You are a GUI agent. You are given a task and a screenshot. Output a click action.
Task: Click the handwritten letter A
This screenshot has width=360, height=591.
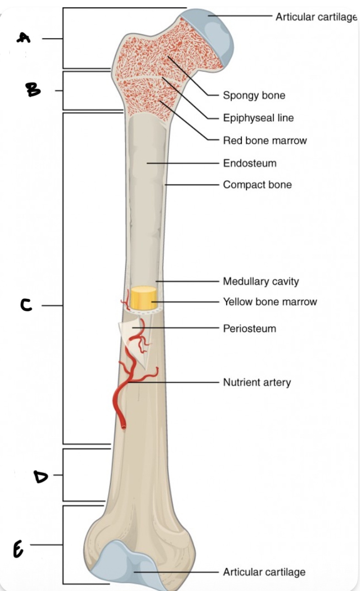click(24, 38)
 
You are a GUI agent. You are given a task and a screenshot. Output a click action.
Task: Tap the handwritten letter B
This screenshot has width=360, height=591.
click(33, 90)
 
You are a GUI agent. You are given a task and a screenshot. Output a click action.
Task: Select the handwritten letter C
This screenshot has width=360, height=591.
click(26, 305)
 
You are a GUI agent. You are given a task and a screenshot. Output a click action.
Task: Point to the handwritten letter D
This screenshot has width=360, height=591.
click(41, 475)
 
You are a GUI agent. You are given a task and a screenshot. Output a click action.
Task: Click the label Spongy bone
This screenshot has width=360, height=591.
click(254, 95)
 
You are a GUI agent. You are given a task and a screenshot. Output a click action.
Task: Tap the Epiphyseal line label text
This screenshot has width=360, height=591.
click(258, 118)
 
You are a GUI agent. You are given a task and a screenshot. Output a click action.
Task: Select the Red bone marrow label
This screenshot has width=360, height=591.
click(265, 140)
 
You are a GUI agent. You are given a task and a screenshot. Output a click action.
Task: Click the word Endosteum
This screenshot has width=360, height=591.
click(250, 163)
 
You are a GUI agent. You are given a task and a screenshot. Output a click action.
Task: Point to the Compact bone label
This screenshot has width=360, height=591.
click(257, 185)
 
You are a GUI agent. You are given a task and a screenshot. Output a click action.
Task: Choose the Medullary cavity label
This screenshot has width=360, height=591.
click(261, 281)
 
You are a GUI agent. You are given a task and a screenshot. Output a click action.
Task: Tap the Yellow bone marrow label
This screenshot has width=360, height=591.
click(270, 301)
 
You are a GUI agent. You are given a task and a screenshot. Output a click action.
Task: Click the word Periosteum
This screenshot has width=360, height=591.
click(250, 329)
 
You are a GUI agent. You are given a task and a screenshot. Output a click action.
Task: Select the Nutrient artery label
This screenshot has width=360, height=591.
click(257, 382)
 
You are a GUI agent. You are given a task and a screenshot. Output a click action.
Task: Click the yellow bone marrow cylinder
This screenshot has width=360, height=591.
click(144, 298)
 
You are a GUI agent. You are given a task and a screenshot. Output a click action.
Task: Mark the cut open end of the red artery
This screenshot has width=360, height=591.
click(123, 427)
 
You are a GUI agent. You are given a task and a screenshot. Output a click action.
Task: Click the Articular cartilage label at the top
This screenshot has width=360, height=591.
click(316, 17)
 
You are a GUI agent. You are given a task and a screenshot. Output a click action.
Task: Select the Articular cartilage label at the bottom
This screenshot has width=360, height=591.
click(264, 572)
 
